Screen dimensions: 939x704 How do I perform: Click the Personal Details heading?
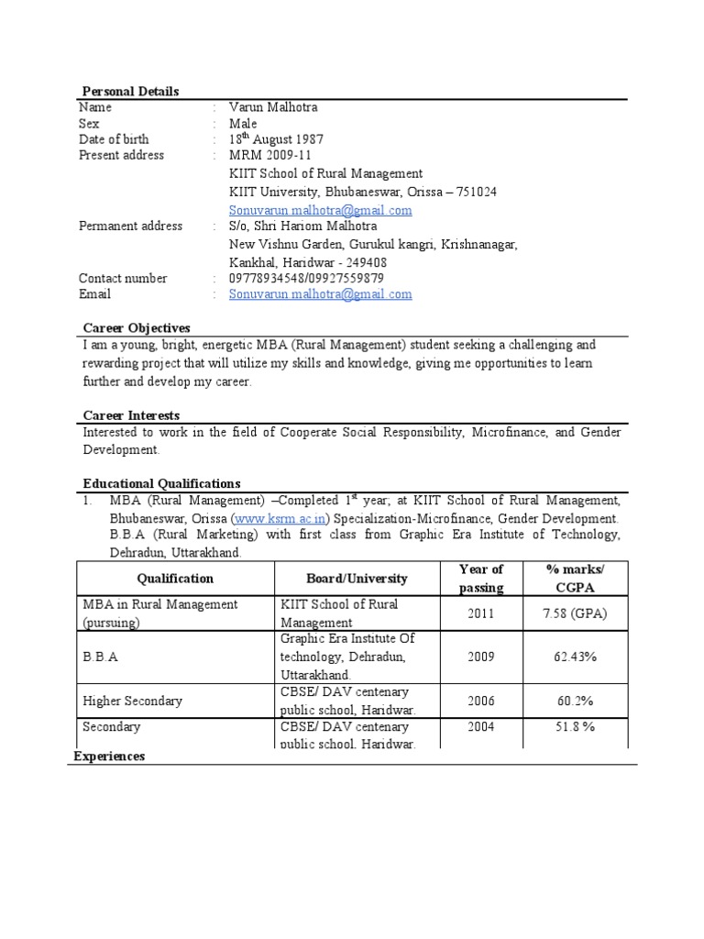click(131, 91)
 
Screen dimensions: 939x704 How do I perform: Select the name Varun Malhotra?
click(273, 107)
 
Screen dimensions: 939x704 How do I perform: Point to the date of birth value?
click(276, 139)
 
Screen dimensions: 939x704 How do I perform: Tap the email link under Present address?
click(320, 210)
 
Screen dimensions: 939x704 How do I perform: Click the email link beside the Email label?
click(320, 294)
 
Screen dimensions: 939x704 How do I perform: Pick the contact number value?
click(306, 278)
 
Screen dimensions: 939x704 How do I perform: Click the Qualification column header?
click(175, 579)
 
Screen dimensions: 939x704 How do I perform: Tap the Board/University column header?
click(357, 579)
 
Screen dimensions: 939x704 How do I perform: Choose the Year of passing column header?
click(481, 579)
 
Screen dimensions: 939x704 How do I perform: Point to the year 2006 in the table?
click(481, 701)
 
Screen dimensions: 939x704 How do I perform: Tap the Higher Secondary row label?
click(132, 701)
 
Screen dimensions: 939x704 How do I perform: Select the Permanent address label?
click(130, 226)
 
